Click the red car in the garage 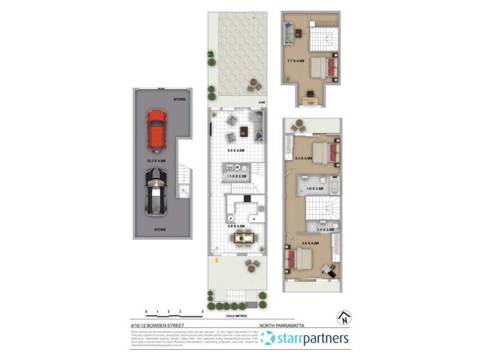[x=157, y=128]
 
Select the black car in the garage [x=156, y=190]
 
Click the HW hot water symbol [x=261, y=103]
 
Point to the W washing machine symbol [x=237, y=167]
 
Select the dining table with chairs [x=242, y=239]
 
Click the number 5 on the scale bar [x=203, y=311]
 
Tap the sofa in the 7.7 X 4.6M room [x=288, y=32]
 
